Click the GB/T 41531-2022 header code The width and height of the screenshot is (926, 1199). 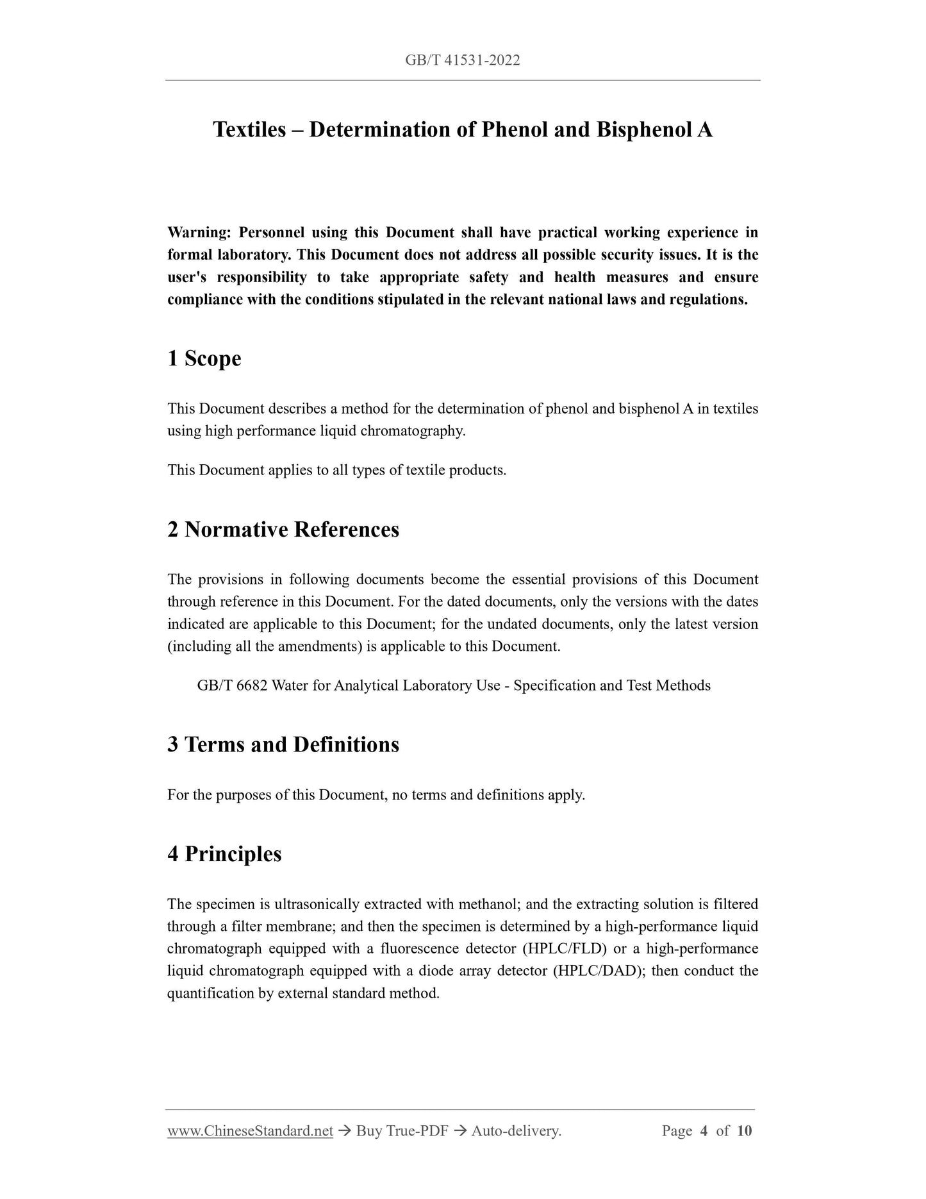pos(462,60)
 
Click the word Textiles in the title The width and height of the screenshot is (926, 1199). pos(249,130)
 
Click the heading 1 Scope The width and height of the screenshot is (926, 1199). pos(204,358)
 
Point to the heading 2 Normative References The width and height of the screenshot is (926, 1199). pos(283,530)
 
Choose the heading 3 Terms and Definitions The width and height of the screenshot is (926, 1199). pos(283,744)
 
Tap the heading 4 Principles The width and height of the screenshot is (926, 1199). pos(224,854)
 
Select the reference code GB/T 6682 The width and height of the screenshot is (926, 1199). pos(232,685)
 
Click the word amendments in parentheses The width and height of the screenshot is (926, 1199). pos(317,646)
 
